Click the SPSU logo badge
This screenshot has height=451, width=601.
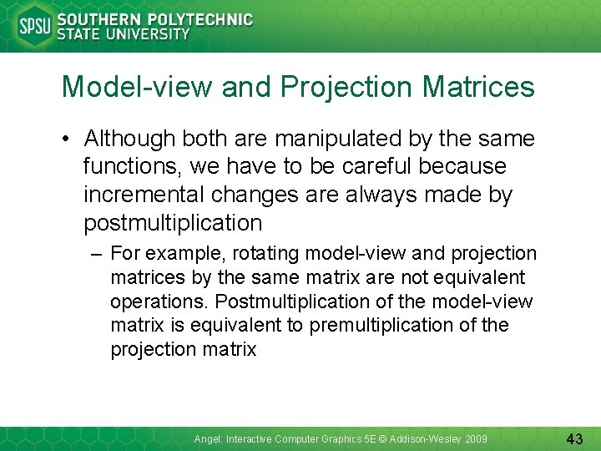[33, 27]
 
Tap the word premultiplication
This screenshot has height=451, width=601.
[385, 326]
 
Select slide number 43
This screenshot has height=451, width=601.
[573, 438]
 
